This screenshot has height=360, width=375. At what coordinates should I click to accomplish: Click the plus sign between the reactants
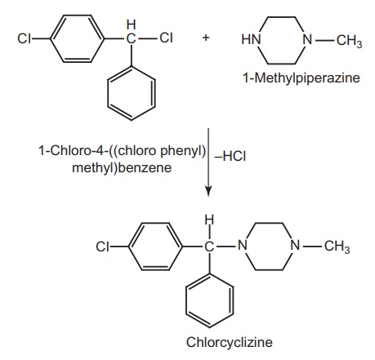coord(206,38)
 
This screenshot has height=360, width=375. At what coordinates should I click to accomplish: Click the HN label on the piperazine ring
coord(251,39)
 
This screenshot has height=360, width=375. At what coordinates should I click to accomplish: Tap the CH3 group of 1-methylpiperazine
coord(349,41)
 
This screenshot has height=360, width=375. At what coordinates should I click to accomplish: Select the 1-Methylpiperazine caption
coord(301,78)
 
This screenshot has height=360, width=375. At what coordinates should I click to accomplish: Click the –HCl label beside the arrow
coord(230,157)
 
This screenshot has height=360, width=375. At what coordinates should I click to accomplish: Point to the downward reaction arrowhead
coord(208,191)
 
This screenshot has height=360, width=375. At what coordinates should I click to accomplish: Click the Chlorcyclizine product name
coord(229,342)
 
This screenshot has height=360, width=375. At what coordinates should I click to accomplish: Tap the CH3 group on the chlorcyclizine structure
coord(337,247)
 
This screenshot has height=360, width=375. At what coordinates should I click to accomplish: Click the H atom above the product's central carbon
coord(209,220)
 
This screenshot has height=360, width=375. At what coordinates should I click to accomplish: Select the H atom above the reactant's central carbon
coord(132,24)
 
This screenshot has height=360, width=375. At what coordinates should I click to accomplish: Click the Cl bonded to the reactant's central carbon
coord(166,38)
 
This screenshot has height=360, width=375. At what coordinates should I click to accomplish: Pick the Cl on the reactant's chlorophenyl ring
coord(24,38)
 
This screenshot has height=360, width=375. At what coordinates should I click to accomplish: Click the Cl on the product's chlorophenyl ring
coord(102,247)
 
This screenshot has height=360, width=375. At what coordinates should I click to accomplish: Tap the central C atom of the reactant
coord(131,38)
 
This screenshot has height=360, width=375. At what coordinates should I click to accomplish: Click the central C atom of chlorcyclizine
coord(209,247)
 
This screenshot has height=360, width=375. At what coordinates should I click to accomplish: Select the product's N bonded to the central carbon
coord(243,245)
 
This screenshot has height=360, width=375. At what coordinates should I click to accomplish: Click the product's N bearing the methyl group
coord(295,245)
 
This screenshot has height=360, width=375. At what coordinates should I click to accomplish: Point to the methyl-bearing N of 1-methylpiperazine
coord(307,39)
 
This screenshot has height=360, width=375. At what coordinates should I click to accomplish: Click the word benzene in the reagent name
coord(145,168)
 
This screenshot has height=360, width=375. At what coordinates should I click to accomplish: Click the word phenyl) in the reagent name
coord(183,151)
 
